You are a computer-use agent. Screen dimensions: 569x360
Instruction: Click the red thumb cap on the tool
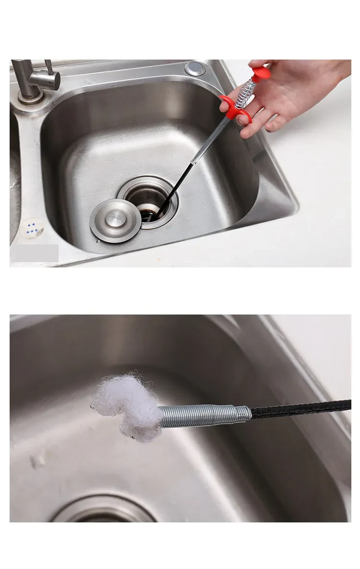[x=261, y=73]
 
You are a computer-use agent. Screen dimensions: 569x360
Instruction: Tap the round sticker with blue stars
[x=33, y=229]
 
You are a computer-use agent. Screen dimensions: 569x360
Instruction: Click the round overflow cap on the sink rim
[x=195, y=68]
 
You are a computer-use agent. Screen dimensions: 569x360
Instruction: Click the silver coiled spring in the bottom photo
[x=204, y=415]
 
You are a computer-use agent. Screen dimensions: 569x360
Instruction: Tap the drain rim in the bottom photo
[x=103, y=507]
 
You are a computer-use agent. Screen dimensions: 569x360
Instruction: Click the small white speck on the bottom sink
[x=37, y=461]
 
